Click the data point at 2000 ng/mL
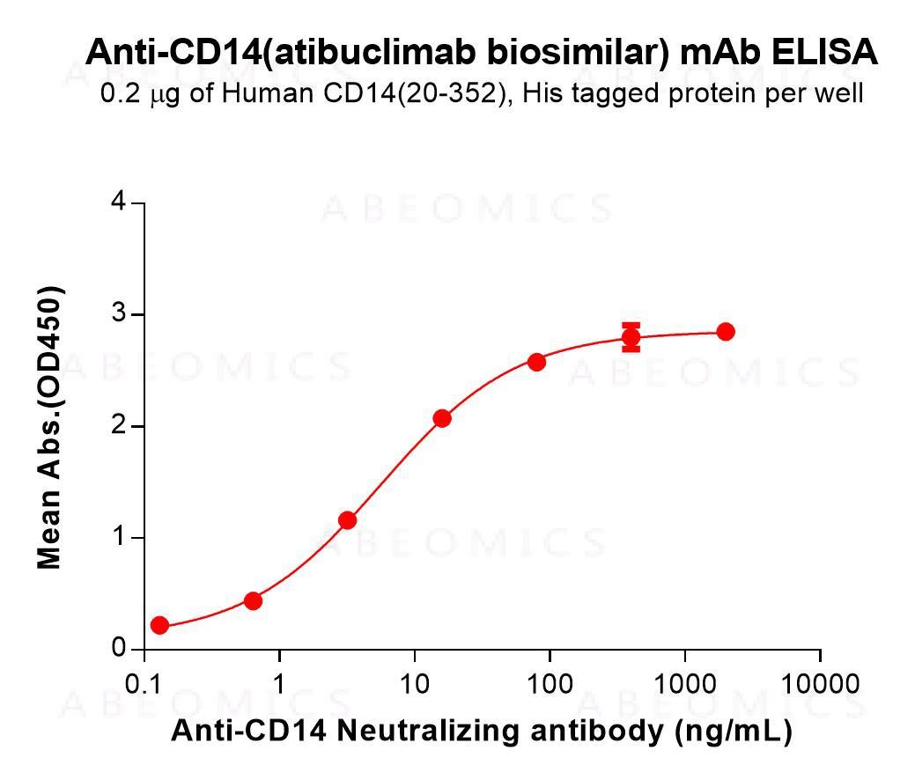(725, 332)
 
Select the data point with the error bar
(631, 337)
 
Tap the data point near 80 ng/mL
(536, 362)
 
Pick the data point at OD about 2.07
(442, 418)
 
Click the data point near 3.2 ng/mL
(348, 520)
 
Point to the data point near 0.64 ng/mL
(253, 600)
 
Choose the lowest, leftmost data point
(159, 625)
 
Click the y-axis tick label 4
(117, 203)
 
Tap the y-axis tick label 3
(117, 315)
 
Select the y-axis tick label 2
(117, 426)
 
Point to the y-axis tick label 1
(117, 538)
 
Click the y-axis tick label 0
(117, 649)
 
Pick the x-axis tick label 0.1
(144, 685)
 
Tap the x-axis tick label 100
(550, 685)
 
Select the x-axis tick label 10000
(820, 685)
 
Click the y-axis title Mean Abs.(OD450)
(50, 427)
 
